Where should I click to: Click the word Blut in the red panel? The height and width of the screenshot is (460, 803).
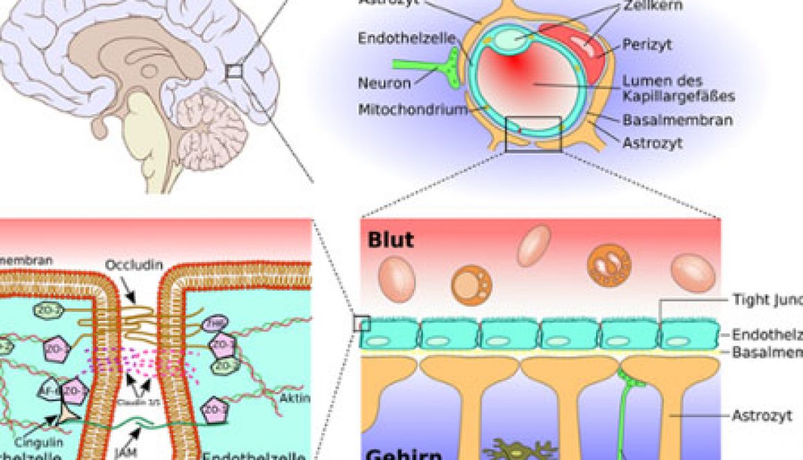click(x=391, y=239)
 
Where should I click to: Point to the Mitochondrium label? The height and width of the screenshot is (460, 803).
click(x=412, y=109)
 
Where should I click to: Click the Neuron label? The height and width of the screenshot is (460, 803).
click(x=384, y=83)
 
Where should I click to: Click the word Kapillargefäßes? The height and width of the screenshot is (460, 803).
click(x=677, y=96)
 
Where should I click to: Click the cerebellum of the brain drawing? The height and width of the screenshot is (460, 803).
click(x=211, y=125)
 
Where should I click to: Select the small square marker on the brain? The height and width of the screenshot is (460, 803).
click(x=233, y=71)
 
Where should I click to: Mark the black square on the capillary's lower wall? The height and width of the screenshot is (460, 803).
click(x=533, y=134)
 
